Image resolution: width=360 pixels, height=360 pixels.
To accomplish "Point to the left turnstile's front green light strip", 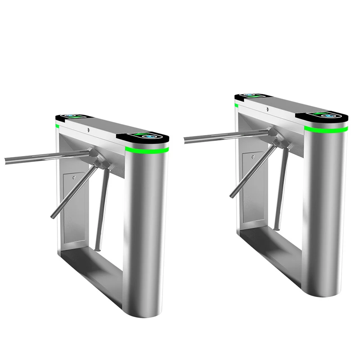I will coord(147,149).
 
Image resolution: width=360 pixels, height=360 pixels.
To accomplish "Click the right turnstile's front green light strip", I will coord(326,129).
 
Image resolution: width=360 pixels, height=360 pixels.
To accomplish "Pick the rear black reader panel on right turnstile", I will coord(250,95).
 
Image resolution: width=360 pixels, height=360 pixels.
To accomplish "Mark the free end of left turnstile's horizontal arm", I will coord(5,160).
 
